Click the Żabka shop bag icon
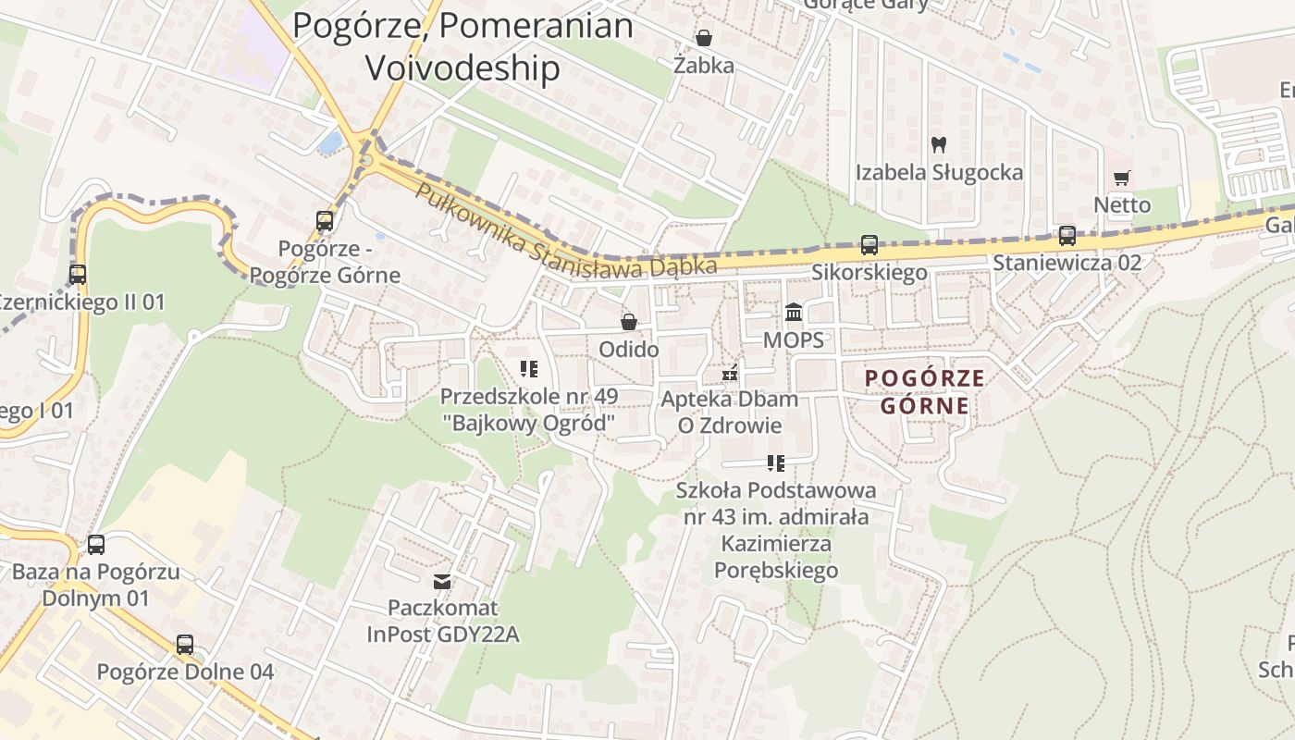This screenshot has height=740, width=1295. coord(704,38)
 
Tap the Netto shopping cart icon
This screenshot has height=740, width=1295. coord(1122,178)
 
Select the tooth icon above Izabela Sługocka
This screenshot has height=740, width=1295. coord(939,144)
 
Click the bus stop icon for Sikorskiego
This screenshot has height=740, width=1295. coord(869,245)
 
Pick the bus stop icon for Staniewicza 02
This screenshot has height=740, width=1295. coord(1067,236)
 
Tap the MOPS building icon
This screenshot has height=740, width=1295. coord(794,313)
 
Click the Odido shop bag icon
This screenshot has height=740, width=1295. coord(629,322)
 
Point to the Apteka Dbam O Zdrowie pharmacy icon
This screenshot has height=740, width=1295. coord(730,373)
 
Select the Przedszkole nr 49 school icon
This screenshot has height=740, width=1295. coord(529,370)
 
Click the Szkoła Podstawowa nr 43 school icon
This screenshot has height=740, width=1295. coord(775,462)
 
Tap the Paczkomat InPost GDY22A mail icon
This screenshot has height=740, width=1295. coord(442,582)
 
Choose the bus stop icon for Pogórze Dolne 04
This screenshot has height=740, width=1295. coord(185,645)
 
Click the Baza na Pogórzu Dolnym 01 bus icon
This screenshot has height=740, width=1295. coord(96,545)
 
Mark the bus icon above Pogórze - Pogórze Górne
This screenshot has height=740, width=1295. coord(325,221)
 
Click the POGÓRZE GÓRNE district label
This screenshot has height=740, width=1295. coord(925,391)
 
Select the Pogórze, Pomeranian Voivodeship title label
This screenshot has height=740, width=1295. coord(462,46)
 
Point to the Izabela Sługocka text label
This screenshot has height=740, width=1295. coord(939,173)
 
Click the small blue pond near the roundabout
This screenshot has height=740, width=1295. coord(330,142)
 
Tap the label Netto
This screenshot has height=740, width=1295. coord(1122,204)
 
